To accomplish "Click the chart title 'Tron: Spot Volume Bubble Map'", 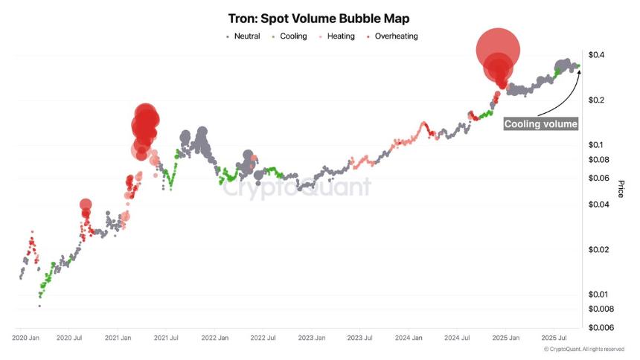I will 319,18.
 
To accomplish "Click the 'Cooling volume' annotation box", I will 541,124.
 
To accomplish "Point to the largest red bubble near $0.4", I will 498,49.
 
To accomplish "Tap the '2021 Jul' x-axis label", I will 166,338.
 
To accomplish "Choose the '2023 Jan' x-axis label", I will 311,338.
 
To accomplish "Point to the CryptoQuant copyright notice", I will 583,349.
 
